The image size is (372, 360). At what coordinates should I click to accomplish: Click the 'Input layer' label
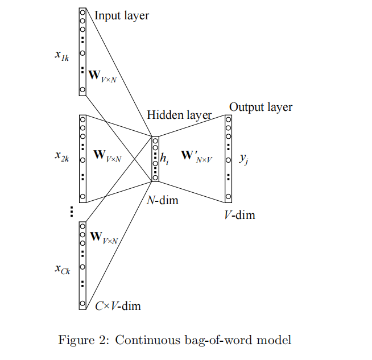point(122,15)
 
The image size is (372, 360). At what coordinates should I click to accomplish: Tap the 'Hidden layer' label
point(179,115)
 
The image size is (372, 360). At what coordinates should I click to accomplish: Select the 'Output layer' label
point(261,107)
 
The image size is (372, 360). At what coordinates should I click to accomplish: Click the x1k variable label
point(62,55)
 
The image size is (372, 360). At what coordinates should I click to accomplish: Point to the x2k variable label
point(62,155)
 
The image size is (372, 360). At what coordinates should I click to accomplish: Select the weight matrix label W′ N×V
point(196,155)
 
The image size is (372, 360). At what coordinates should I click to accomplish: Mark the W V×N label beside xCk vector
point(104,237)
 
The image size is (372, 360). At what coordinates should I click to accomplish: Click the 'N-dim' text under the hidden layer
point(162,200)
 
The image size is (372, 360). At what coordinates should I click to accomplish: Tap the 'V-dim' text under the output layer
point(239,215)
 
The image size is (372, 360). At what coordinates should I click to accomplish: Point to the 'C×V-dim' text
point(118,306)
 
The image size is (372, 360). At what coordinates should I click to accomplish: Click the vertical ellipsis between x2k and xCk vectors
point(72,212)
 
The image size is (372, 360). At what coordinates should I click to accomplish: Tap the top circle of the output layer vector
point(228,119)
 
